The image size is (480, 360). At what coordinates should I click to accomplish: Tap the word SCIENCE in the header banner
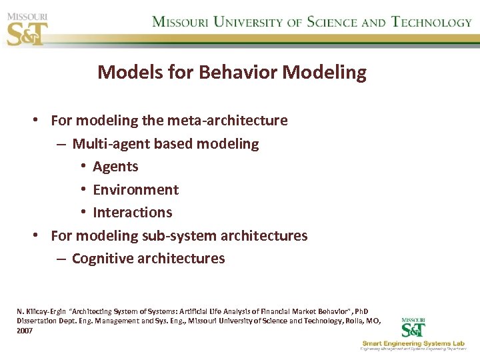coord(332,21)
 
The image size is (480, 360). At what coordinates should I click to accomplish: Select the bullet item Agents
coord(115,167)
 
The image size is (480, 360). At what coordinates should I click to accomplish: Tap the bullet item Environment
coord(135,189)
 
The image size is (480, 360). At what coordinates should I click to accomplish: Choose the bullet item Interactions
coord(132,213)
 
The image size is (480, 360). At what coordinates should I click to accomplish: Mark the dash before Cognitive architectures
coord(61,259)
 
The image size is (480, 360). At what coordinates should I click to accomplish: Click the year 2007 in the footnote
coord(25,330)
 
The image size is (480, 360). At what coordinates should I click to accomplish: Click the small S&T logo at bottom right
coord(413,328)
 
